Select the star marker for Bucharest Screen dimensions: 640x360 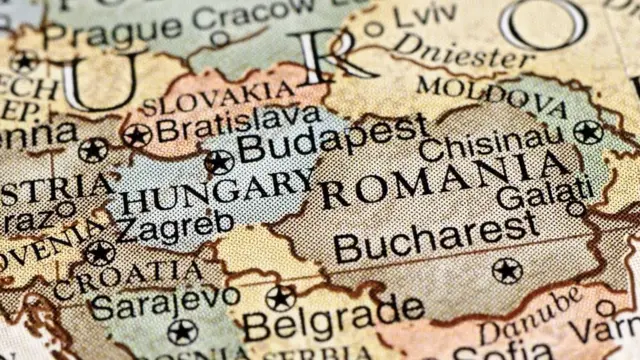(x=507, y=270)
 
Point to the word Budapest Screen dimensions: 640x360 (x=332, y=140)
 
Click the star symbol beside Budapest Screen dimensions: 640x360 (x=218, y=161)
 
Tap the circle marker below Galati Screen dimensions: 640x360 (x=575, y=209)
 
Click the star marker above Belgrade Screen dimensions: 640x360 (x=281, y=297)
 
